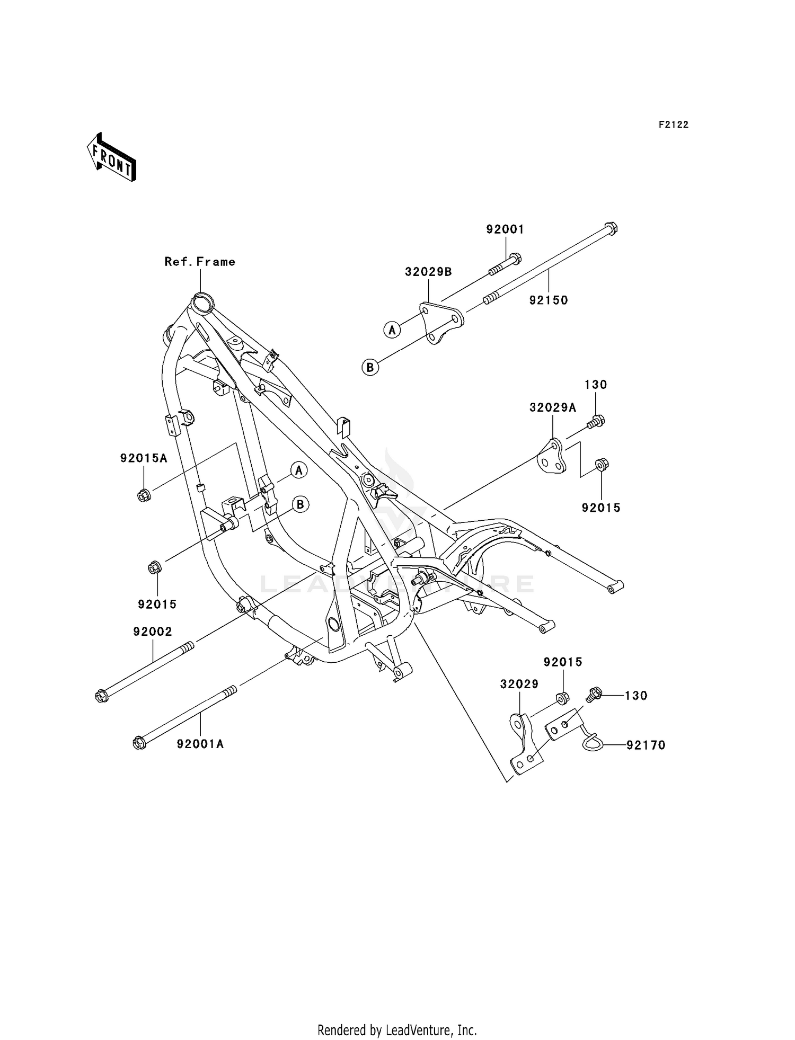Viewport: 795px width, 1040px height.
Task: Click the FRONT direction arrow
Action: pos(112,157)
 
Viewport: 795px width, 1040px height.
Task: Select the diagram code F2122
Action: pos(673,125)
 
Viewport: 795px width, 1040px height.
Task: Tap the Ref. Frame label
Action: pos(200,262)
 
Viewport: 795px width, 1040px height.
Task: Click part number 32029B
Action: pos(428,272)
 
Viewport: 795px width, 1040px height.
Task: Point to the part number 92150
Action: pos(549,300)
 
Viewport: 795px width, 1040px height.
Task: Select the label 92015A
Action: pos(144,458)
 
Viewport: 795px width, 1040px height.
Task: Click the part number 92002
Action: pos(153,632)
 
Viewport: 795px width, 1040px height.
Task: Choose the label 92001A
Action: pos(200,744)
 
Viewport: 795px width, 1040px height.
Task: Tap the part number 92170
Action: pos(646,745)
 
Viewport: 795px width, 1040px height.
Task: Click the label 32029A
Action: pos(553,407)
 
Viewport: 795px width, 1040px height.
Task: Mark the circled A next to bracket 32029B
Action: pos(392,330)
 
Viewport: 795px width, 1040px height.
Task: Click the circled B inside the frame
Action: pos(301,504)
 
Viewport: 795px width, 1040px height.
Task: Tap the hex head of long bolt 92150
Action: pos(611,228)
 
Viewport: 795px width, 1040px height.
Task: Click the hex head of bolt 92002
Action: pos(101,696)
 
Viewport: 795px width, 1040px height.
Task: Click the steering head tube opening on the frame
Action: pos(201,303)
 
